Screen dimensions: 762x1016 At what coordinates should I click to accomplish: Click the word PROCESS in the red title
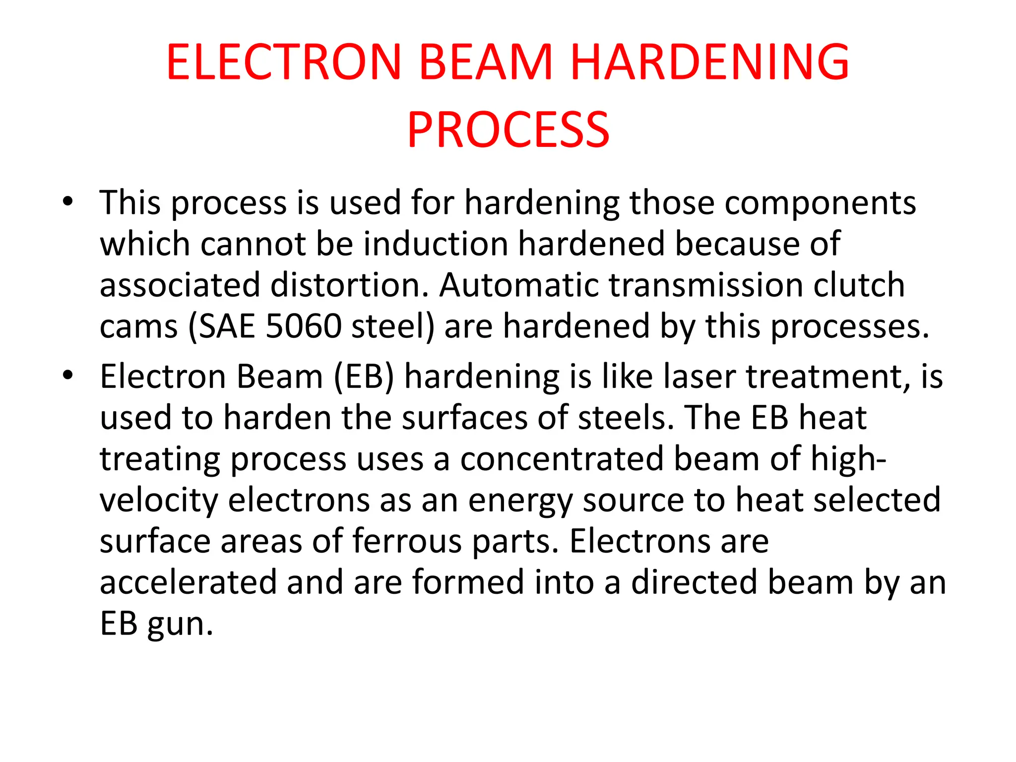coord(508,130)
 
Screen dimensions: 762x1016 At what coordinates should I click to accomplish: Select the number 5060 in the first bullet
coord(304,326)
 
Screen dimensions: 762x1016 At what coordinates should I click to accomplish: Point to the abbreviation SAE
coord(226,326)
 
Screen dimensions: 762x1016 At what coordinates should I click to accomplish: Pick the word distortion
coord(349,285)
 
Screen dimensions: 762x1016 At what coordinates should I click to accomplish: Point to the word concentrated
coord(562,458)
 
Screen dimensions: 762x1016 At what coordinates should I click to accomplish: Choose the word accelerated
coord(188,582)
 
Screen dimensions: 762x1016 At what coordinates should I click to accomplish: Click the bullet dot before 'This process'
coord(68,202)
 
